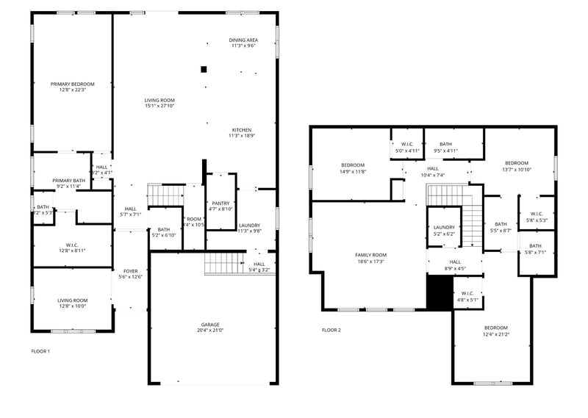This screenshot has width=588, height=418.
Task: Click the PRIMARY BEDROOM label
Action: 72,84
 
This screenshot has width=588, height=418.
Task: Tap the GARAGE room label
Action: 210,324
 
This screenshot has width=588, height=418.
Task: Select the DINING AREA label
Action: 242,40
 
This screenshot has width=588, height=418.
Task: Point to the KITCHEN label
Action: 242,130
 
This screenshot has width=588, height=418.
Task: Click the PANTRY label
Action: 220,203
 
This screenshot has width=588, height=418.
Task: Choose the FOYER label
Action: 130,270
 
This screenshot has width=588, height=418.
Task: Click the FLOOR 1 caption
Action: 40,351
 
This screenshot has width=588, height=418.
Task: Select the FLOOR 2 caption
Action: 331,330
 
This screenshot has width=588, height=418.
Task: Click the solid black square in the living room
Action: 204,70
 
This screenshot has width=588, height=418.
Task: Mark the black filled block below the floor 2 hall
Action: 439,291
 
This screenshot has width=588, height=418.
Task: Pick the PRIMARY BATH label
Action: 68,180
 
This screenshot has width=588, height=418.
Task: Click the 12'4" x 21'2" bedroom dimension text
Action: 495,334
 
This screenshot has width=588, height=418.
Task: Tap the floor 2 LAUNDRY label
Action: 444,228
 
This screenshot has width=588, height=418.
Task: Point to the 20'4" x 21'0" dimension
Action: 210,330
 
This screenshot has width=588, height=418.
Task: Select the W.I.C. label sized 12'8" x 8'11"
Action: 71,245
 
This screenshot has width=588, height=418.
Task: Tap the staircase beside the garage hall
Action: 223,262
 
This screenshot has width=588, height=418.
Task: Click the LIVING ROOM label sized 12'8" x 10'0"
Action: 73,300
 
